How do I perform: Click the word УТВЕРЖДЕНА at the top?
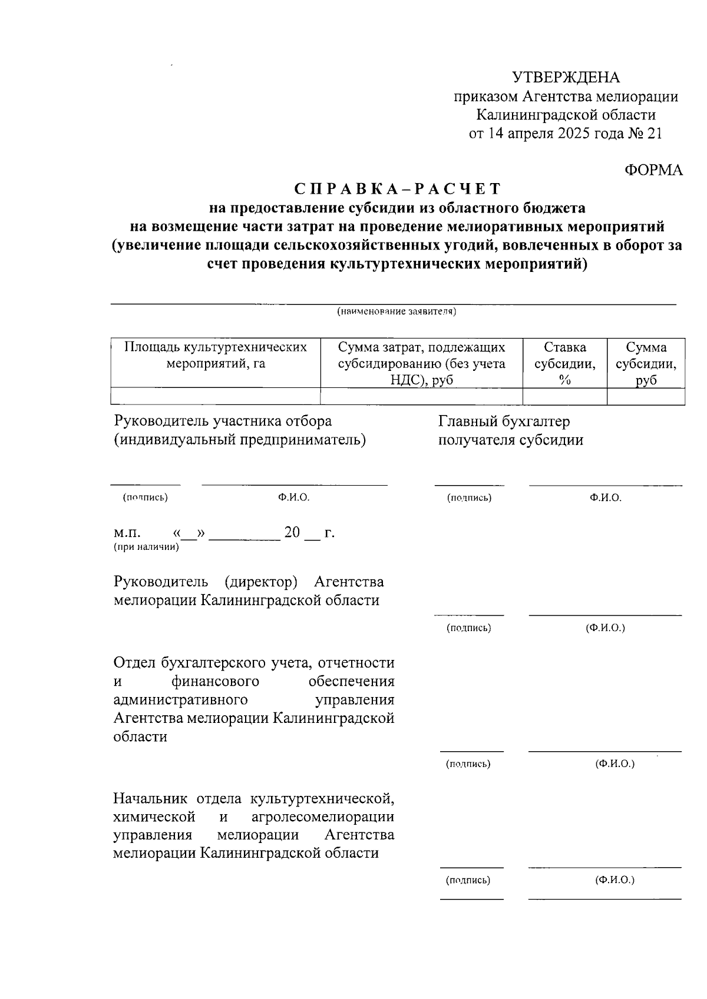566,78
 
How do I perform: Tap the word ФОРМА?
653,170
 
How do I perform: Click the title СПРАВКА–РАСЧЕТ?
398,189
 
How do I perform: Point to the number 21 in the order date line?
654,134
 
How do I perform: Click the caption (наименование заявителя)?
397,311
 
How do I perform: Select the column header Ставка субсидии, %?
564,363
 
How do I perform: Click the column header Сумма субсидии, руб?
646,363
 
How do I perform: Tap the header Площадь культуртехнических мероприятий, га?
216,355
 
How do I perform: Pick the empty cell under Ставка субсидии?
564,397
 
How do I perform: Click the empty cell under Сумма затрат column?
421,397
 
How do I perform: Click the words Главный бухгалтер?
504,421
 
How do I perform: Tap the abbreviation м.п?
127,533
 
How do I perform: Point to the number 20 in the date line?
292,533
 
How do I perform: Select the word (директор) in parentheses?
260,582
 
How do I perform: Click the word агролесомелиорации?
322,817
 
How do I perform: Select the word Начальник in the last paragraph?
150,799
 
